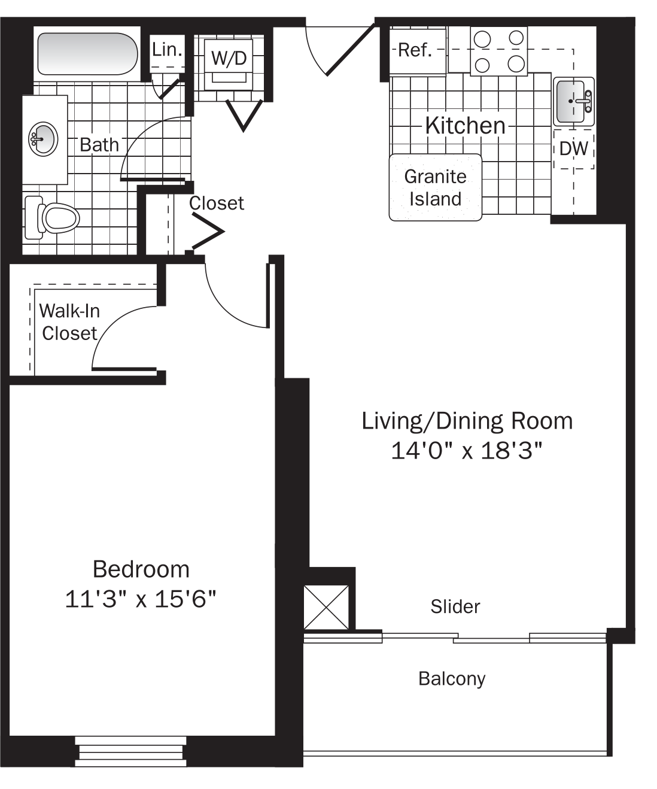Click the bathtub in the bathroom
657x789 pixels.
pos(87,54)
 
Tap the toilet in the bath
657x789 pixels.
pos(54,217)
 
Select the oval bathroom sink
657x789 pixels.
pos(42,139)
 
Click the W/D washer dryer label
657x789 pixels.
pos(229,58)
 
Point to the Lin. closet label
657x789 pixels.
pos(167,50)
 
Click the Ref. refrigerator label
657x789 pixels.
pos(415,50)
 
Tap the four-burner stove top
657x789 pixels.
pos(498,51)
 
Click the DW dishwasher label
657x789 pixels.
pos(574,148)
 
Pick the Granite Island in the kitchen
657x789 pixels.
pos(435,187)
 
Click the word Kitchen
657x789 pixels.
pos(465,125)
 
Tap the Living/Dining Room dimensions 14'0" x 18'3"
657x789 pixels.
pos(467,450)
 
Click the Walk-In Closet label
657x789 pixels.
pos(69,322)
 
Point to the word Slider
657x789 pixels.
pos(455,606)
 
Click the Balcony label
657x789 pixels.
pos(452,678)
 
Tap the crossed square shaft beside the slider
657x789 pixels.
pos(326,607)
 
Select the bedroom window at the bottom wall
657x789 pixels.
pos(130,751)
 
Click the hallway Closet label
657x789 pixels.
pos(217,204)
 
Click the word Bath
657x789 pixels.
pos(99,144)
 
